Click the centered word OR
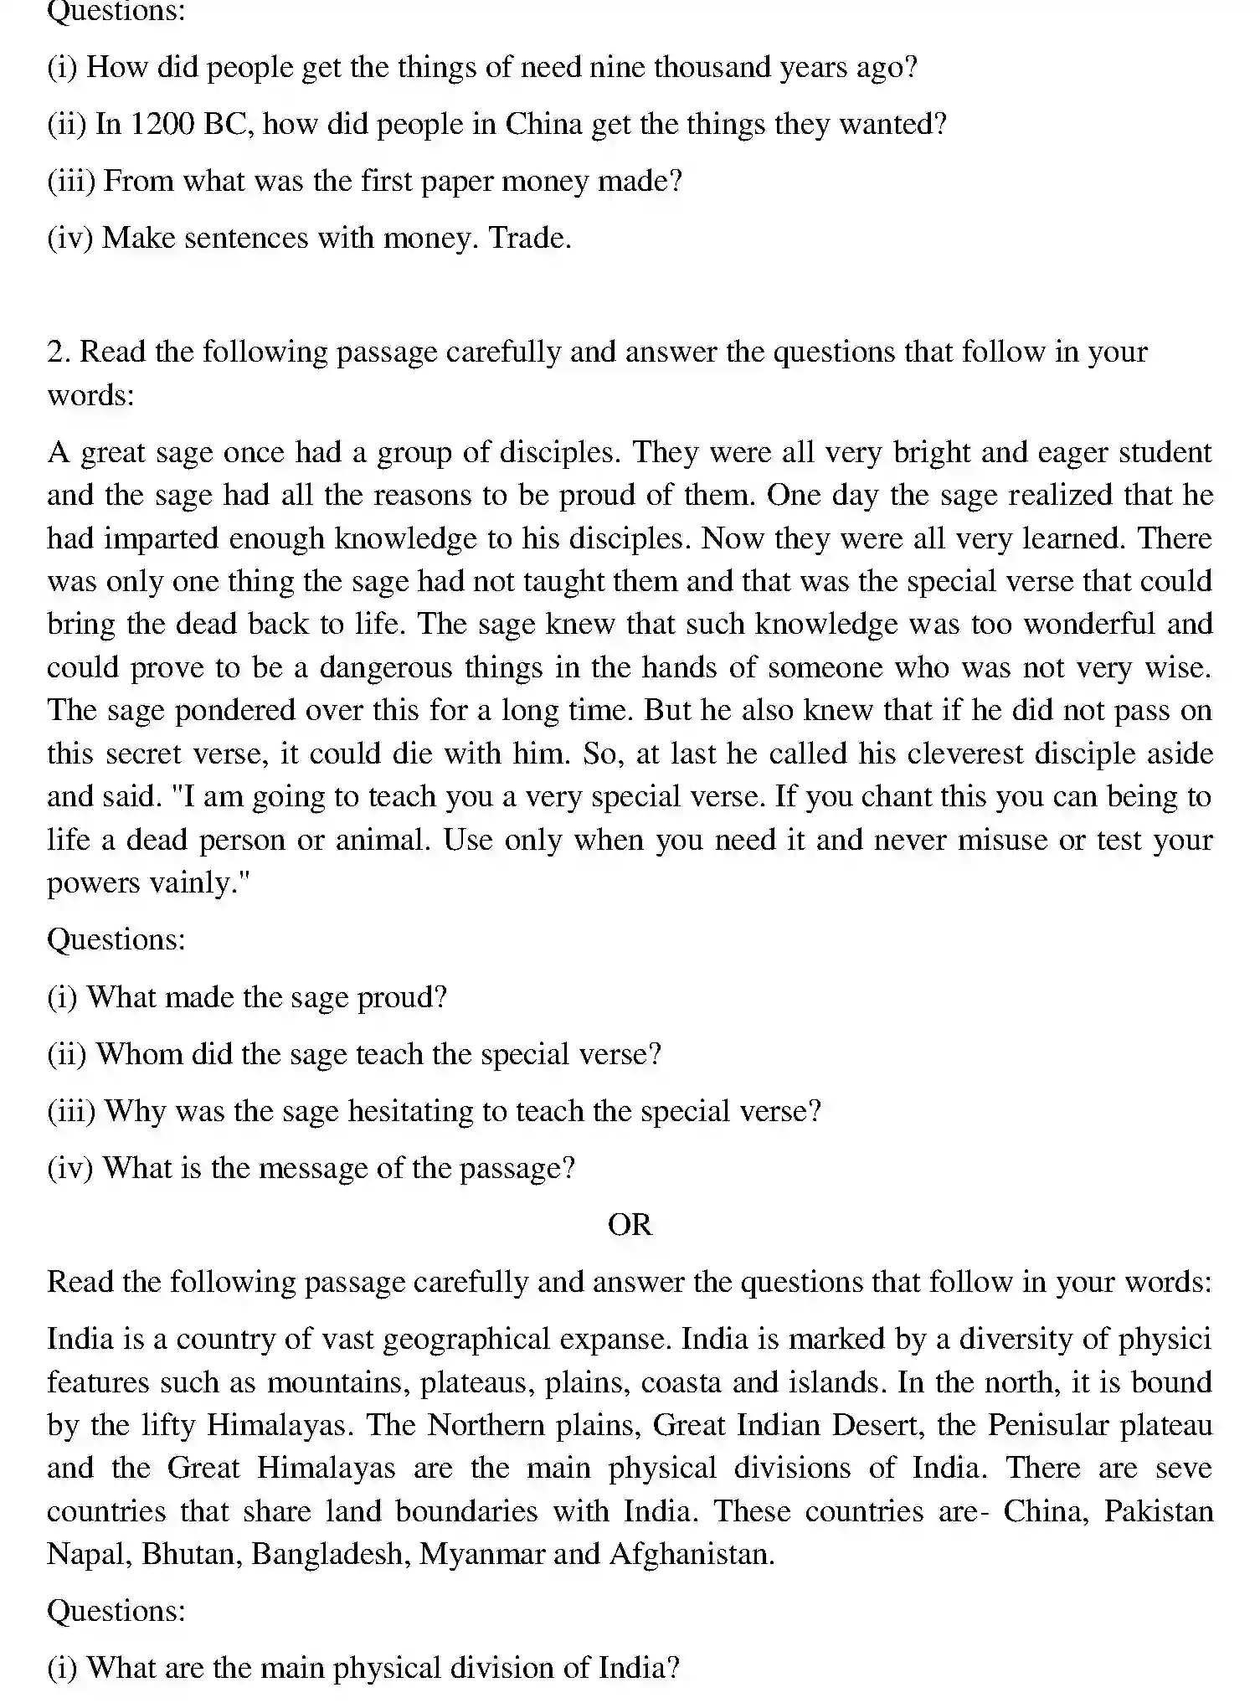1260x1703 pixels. (630, 1225)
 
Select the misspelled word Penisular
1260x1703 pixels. (1047, 1425)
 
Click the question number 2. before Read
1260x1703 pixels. (58, 352)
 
